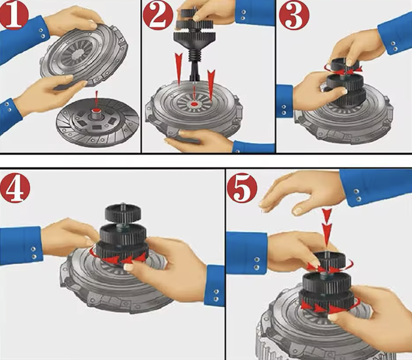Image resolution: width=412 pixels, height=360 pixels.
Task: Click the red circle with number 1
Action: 14,14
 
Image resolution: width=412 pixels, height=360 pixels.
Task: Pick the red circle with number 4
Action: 15,188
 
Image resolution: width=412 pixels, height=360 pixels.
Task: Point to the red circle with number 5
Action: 242,188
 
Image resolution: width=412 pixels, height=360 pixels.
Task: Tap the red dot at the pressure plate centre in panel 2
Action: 194,105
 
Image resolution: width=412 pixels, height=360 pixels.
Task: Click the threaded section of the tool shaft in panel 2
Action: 194,56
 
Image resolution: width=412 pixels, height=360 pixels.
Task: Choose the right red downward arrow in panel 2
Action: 211,84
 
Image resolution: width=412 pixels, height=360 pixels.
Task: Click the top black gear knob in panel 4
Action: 123,213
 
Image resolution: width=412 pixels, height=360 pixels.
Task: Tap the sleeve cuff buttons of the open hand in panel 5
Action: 357,195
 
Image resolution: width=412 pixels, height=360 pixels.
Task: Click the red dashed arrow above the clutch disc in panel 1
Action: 97,99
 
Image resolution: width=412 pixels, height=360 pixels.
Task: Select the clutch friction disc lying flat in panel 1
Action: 97,123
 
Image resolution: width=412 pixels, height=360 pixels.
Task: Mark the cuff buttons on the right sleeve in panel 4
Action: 216,295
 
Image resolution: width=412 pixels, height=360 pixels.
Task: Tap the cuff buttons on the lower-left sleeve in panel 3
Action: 284,110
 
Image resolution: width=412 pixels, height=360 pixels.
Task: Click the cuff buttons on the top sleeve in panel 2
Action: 243,15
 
